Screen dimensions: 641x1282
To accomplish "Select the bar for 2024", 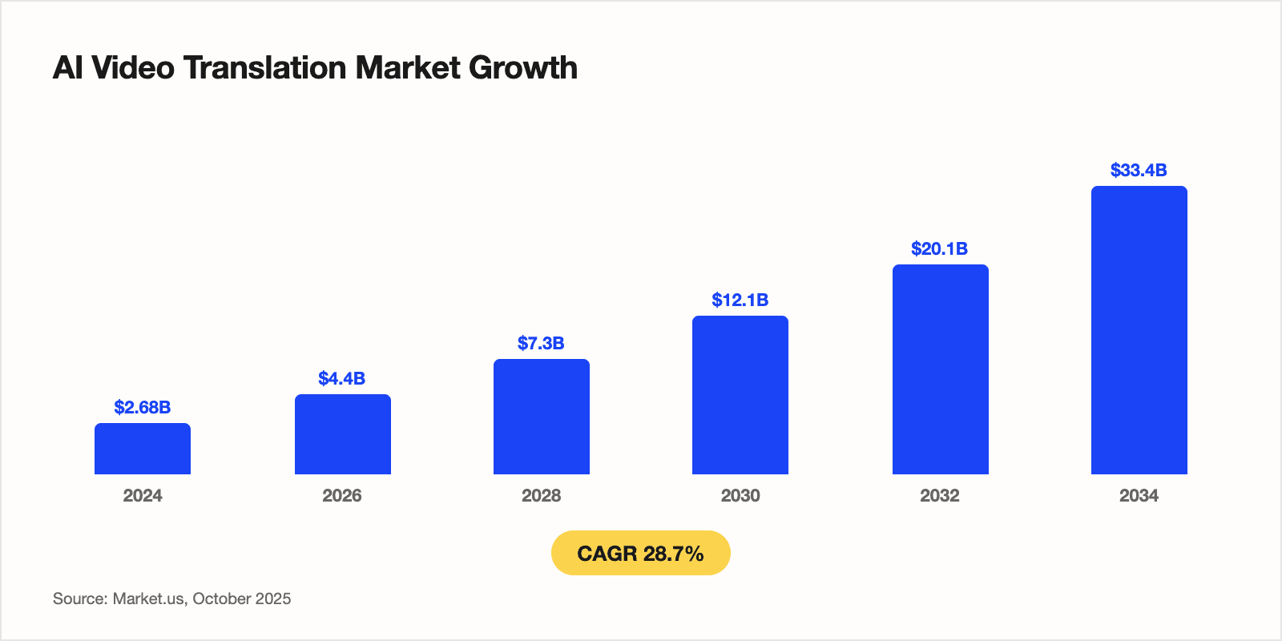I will [143, 449].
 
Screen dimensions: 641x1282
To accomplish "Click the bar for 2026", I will [342, 434].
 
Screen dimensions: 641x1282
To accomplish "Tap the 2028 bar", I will [541, 417].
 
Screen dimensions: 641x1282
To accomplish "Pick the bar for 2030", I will [740, 395].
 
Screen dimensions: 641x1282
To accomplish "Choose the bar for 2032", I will [940, 369].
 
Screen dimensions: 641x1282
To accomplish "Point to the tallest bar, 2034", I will [1139, 330].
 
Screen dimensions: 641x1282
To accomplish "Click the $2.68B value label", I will [143, 407].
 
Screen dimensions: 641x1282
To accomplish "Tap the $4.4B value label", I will [342, 378].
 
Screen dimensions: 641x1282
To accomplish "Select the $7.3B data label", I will [541, 343].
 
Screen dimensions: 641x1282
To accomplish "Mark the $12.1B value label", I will [740, 300].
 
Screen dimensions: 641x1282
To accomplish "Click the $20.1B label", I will [940, 248].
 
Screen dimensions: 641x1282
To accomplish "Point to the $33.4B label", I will [1139, 170].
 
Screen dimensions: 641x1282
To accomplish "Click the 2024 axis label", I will [143, 495].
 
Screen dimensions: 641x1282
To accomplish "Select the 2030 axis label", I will [740, 495].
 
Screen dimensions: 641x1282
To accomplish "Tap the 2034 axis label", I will [1139, 495].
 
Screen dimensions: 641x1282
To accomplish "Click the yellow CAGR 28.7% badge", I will [640, 553].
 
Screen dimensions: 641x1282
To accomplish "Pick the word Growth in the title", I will [522, 68].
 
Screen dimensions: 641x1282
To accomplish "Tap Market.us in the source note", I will [149, 599].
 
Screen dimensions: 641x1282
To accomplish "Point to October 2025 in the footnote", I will [242, 599].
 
